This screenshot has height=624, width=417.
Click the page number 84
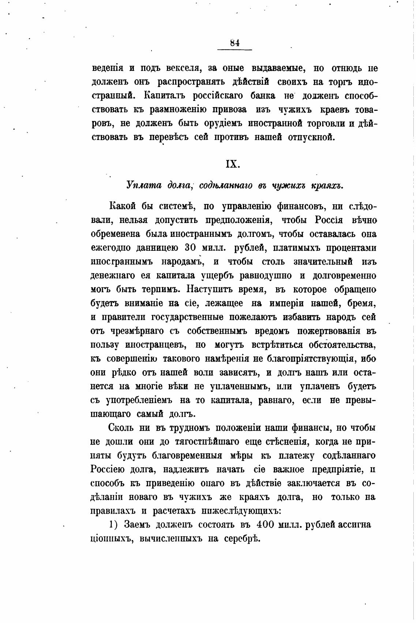[x=235, y=43]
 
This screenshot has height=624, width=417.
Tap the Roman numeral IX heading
[x=233, y=164]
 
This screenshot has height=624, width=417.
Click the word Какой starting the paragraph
[x=122, y=206]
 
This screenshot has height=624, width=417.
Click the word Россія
[x=328, y=220]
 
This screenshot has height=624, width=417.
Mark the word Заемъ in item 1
[x=137, y=525]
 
